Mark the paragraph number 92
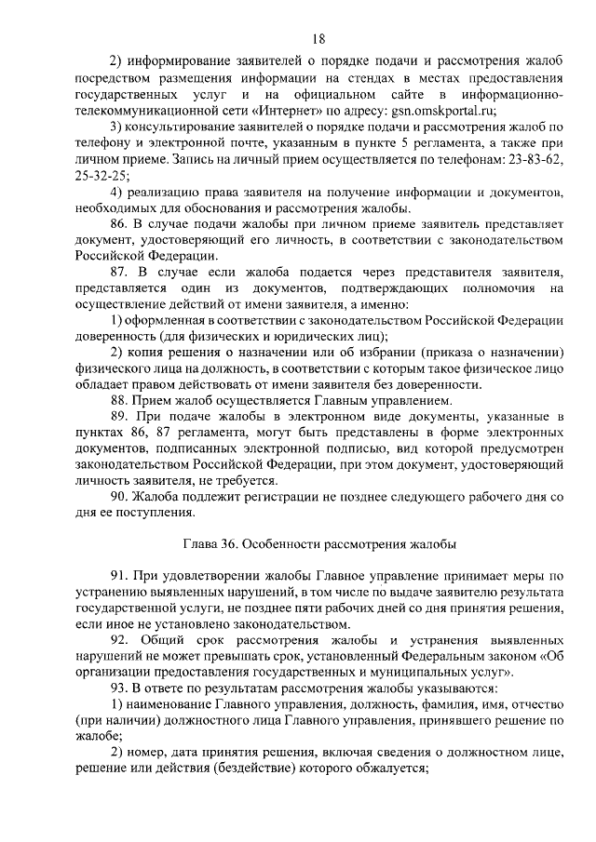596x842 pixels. pyautogui.click(x=119, y=641)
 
